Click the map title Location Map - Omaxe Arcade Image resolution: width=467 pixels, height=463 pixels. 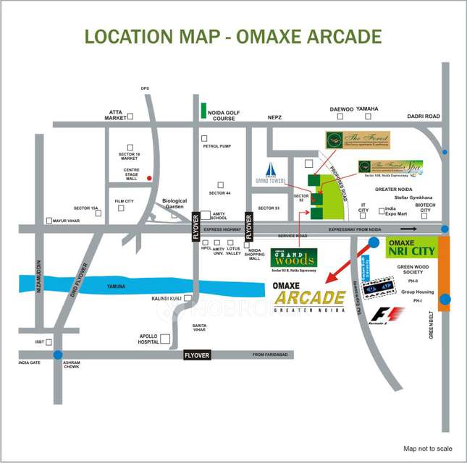click(x=233, y=36)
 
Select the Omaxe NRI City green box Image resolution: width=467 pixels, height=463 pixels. click(x=411, y=246)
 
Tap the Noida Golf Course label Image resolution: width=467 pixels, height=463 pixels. click(x=223, y=116)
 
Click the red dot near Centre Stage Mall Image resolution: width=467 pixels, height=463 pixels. click(x=149, y=178)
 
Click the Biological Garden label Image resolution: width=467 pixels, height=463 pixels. click(x=174, y=204)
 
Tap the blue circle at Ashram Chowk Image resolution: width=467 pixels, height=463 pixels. click(x=57, y=355)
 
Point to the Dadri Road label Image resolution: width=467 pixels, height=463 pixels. click(x=423, y=116)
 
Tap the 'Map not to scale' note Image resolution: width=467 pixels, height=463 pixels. click(x=427, y=449)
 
